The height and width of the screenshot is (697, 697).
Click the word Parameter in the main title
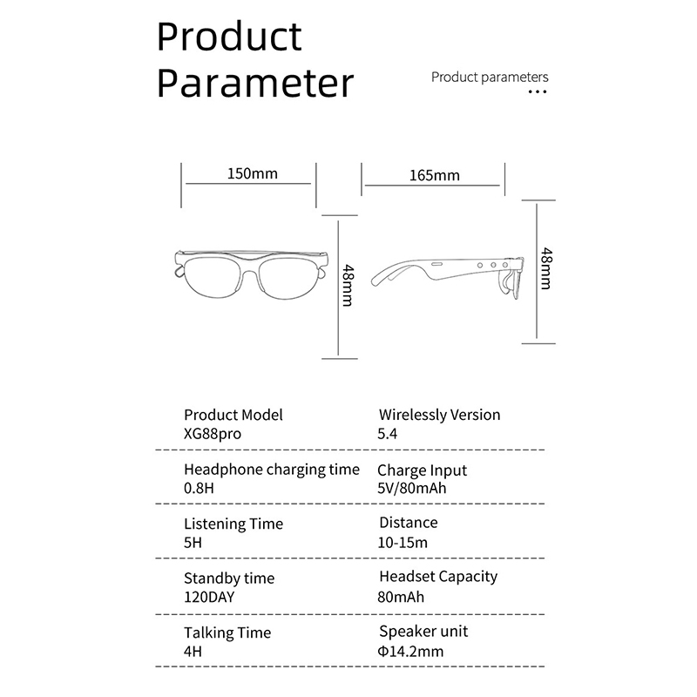[255, 83]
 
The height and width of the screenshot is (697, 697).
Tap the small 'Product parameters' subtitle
[490, 78]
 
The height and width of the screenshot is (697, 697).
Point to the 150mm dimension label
[252, 173]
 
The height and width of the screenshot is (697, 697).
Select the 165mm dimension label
[434, 175]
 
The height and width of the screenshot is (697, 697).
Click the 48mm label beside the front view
[348, 286]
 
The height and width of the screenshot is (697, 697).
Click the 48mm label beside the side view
[546, 268]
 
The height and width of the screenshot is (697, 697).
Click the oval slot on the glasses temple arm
[436, 264]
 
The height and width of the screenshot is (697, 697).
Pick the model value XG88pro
[213, 433]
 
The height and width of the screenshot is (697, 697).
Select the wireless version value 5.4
[387, 433]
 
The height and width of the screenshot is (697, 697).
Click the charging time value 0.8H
[199, 488]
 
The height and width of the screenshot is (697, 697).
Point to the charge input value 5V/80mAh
[411, 488]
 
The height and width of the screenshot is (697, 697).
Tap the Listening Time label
[233, 524]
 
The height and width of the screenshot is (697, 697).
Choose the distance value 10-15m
[403, 542]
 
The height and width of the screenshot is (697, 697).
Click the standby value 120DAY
[209, 597]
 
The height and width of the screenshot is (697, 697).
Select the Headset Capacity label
[438, 577]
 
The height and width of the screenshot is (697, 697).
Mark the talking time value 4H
[193, 652]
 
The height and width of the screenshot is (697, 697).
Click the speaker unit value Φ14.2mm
[410, 652]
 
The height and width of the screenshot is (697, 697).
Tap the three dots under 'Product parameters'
[538, 92]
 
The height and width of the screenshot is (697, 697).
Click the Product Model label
[233, 415]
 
